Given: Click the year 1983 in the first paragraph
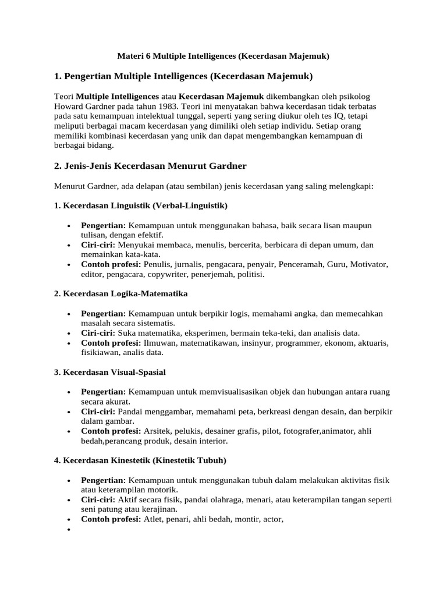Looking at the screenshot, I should (x=168, y=106).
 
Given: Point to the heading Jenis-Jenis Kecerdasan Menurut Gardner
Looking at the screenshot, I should (x=150, y=166).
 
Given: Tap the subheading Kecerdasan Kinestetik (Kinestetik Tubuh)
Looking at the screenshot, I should (x=140, y=460).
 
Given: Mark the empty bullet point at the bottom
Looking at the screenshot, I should (x=69, y=530).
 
